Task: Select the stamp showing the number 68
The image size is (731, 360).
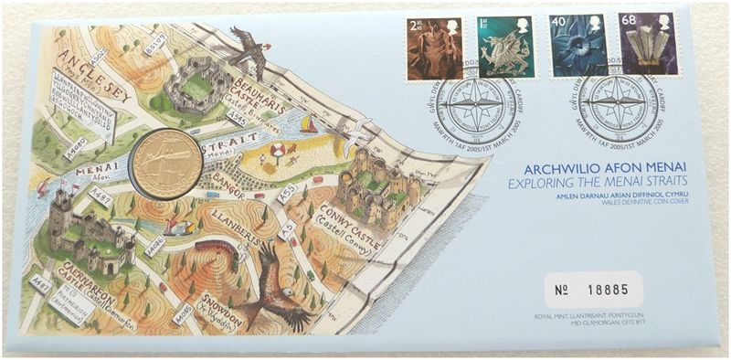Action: coord(650,44)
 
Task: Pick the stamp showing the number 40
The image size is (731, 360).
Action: coord(577,46)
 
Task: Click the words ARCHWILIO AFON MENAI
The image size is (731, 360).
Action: coord(598,169)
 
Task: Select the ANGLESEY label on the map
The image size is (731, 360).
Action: coord(87,69)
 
